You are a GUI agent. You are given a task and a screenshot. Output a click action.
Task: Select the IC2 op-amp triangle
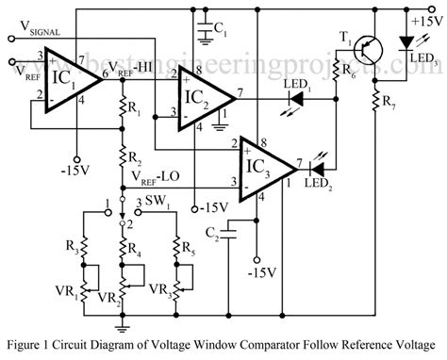tap(203, 96)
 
